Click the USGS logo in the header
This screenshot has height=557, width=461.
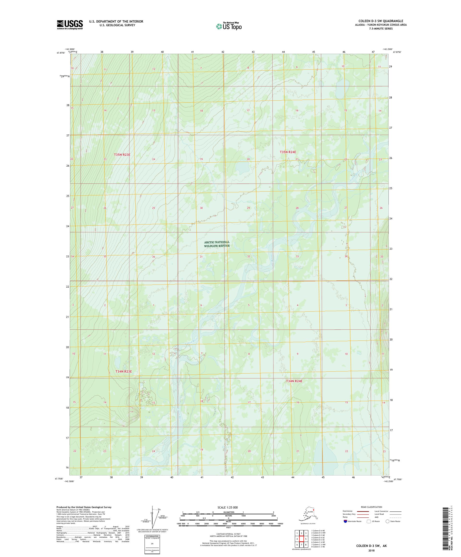pyautogui.click(x=69, y=25)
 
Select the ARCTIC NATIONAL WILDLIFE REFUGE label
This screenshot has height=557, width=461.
pyautogui.click(x=217, y=244)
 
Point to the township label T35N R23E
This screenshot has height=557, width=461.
pyautogui.click(x=122, y=154)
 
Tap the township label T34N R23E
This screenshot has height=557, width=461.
pyautogui.click(x=123, y=371)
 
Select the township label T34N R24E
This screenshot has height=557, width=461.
pyautogui.click(x=294, y=381)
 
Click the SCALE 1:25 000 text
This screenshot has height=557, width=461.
pyautogui.click(x=227, y=507)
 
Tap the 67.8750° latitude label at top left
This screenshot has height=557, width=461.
pyautogui.click(x=61, y=53)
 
